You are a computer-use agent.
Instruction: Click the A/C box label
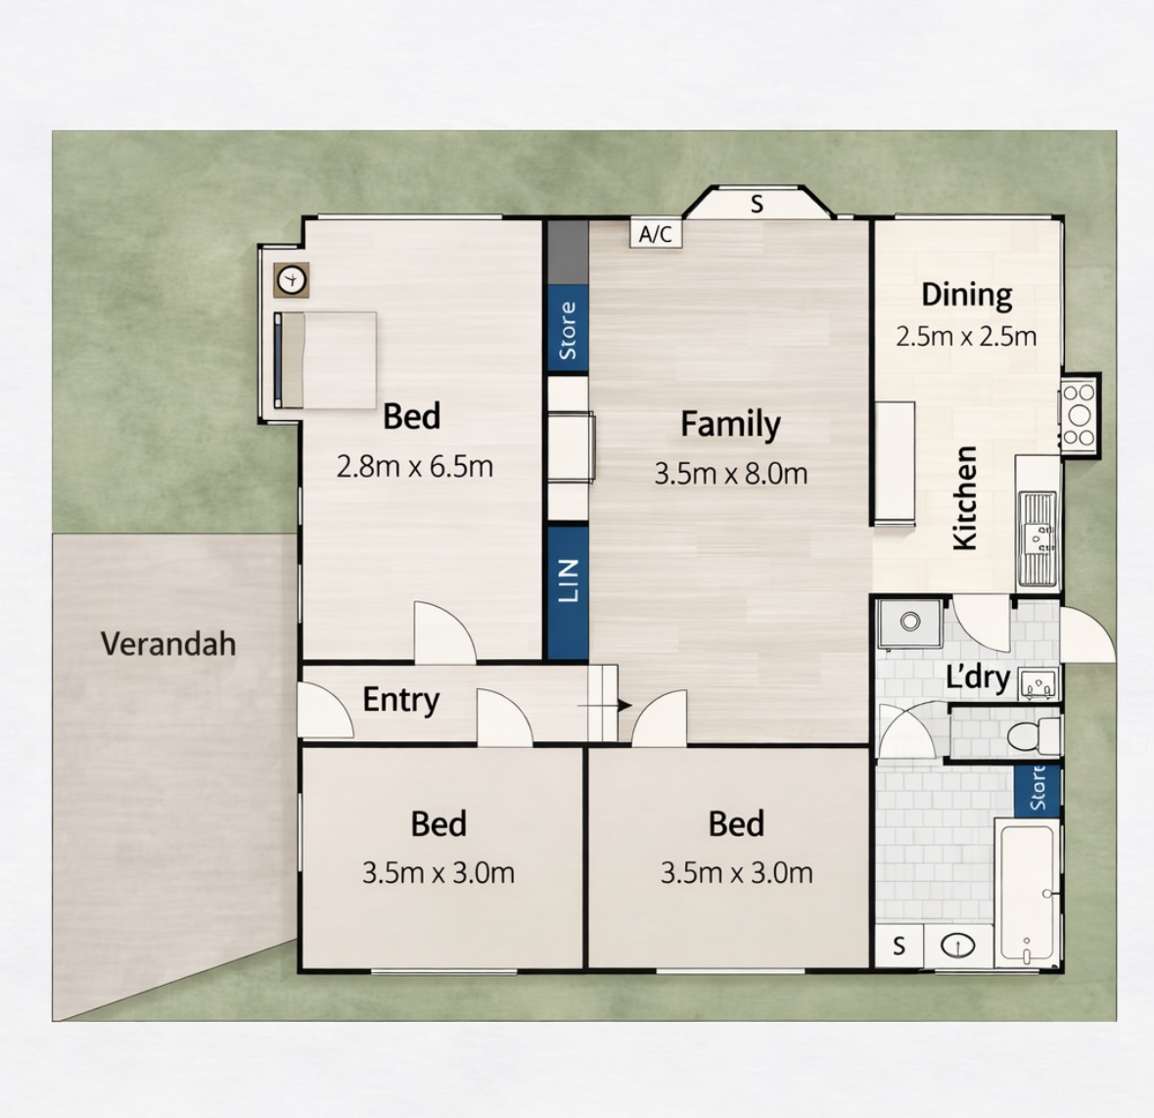656,234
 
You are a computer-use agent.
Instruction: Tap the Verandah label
168,644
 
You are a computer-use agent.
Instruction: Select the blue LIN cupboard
568,593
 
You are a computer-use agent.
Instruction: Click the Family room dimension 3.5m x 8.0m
731,473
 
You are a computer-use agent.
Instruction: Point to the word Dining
966,295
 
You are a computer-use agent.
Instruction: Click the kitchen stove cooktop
1079,415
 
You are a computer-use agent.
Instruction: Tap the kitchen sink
1038,538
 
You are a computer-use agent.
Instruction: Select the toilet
1033,736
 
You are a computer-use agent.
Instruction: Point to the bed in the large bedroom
325,360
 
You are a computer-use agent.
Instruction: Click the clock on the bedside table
292,280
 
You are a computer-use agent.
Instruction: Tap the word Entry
401,700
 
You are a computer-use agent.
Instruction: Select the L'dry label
978,677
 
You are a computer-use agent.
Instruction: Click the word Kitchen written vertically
965,497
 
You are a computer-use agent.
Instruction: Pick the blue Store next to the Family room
568,329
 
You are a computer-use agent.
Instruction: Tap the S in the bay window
757,205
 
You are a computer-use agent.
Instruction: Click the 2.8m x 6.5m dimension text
414,467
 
